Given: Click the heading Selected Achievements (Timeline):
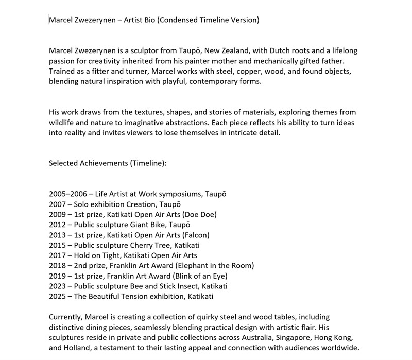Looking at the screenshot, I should click(108, 163).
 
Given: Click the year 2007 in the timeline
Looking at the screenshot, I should click(58, 204).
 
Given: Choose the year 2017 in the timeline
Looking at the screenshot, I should click(58, 255).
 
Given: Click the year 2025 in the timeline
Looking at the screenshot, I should click(58, 296).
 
